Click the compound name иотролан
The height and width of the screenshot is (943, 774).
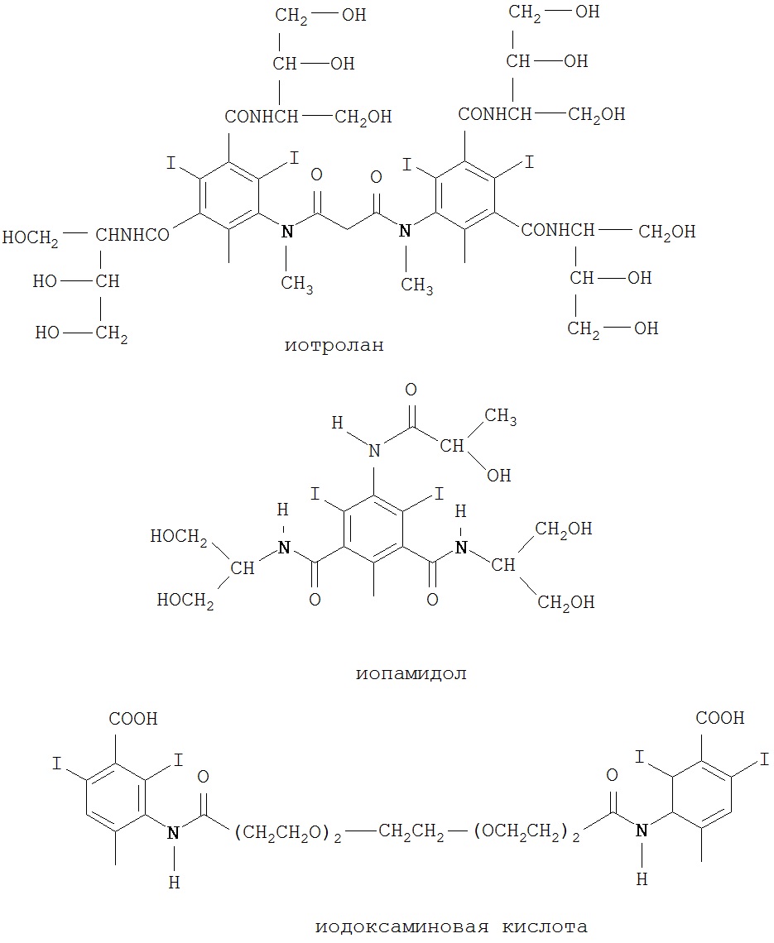[x=334, y=345]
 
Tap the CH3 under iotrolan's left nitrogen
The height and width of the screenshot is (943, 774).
[x=296, y=285]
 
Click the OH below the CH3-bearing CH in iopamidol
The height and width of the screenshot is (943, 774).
[x=499, y=475]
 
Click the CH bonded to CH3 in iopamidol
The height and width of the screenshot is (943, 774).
[x=452, y=448]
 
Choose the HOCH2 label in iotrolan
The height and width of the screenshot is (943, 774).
[x=31, y=237]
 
